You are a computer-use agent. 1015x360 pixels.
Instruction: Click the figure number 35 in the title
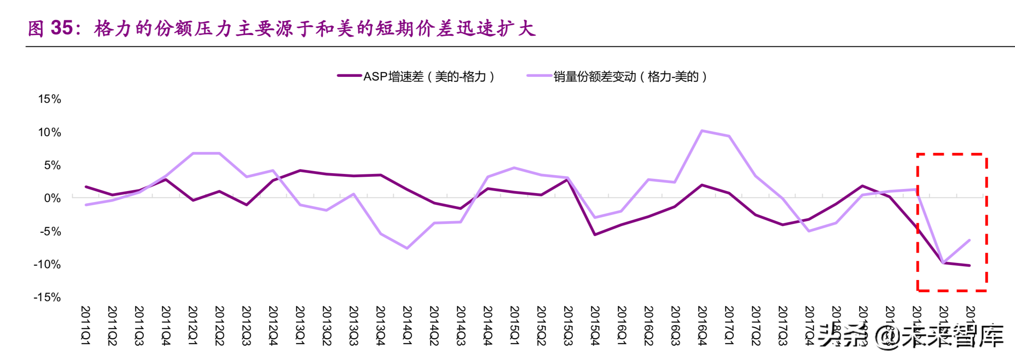tap(62, 28)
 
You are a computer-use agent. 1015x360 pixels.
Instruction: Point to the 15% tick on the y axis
tap(50, 99)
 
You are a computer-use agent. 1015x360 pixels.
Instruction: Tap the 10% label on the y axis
tap(50, 132)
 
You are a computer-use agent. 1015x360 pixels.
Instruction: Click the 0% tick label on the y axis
tap(52, 198)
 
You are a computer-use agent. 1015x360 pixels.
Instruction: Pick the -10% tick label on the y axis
tap(47, 265)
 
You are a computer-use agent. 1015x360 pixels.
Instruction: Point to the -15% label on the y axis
tap(47, 297)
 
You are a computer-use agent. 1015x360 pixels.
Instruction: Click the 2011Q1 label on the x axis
tap(85, 325)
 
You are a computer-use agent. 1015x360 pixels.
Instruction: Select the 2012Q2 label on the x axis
tap(219, 325)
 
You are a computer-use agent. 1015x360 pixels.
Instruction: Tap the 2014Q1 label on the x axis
tap(407, 325)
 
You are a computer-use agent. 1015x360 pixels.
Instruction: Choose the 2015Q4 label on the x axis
tap(595, 325)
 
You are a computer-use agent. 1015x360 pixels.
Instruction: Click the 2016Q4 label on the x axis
tap(702, 325)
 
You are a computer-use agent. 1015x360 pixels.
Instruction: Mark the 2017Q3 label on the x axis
tap(783, 325)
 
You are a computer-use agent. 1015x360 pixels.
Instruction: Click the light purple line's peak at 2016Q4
tap(702, 131)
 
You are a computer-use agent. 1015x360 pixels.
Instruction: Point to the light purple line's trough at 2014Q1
tap(407, 248)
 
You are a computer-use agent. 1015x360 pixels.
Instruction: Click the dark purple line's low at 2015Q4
tap(595, 234)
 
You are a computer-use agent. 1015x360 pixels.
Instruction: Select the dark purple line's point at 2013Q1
tap(300, 171)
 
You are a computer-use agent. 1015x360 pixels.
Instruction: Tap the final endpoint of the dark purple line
tap(969, 265)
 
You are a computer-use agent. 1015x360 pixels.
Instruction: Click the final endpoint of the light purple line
tap(969, 240)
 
